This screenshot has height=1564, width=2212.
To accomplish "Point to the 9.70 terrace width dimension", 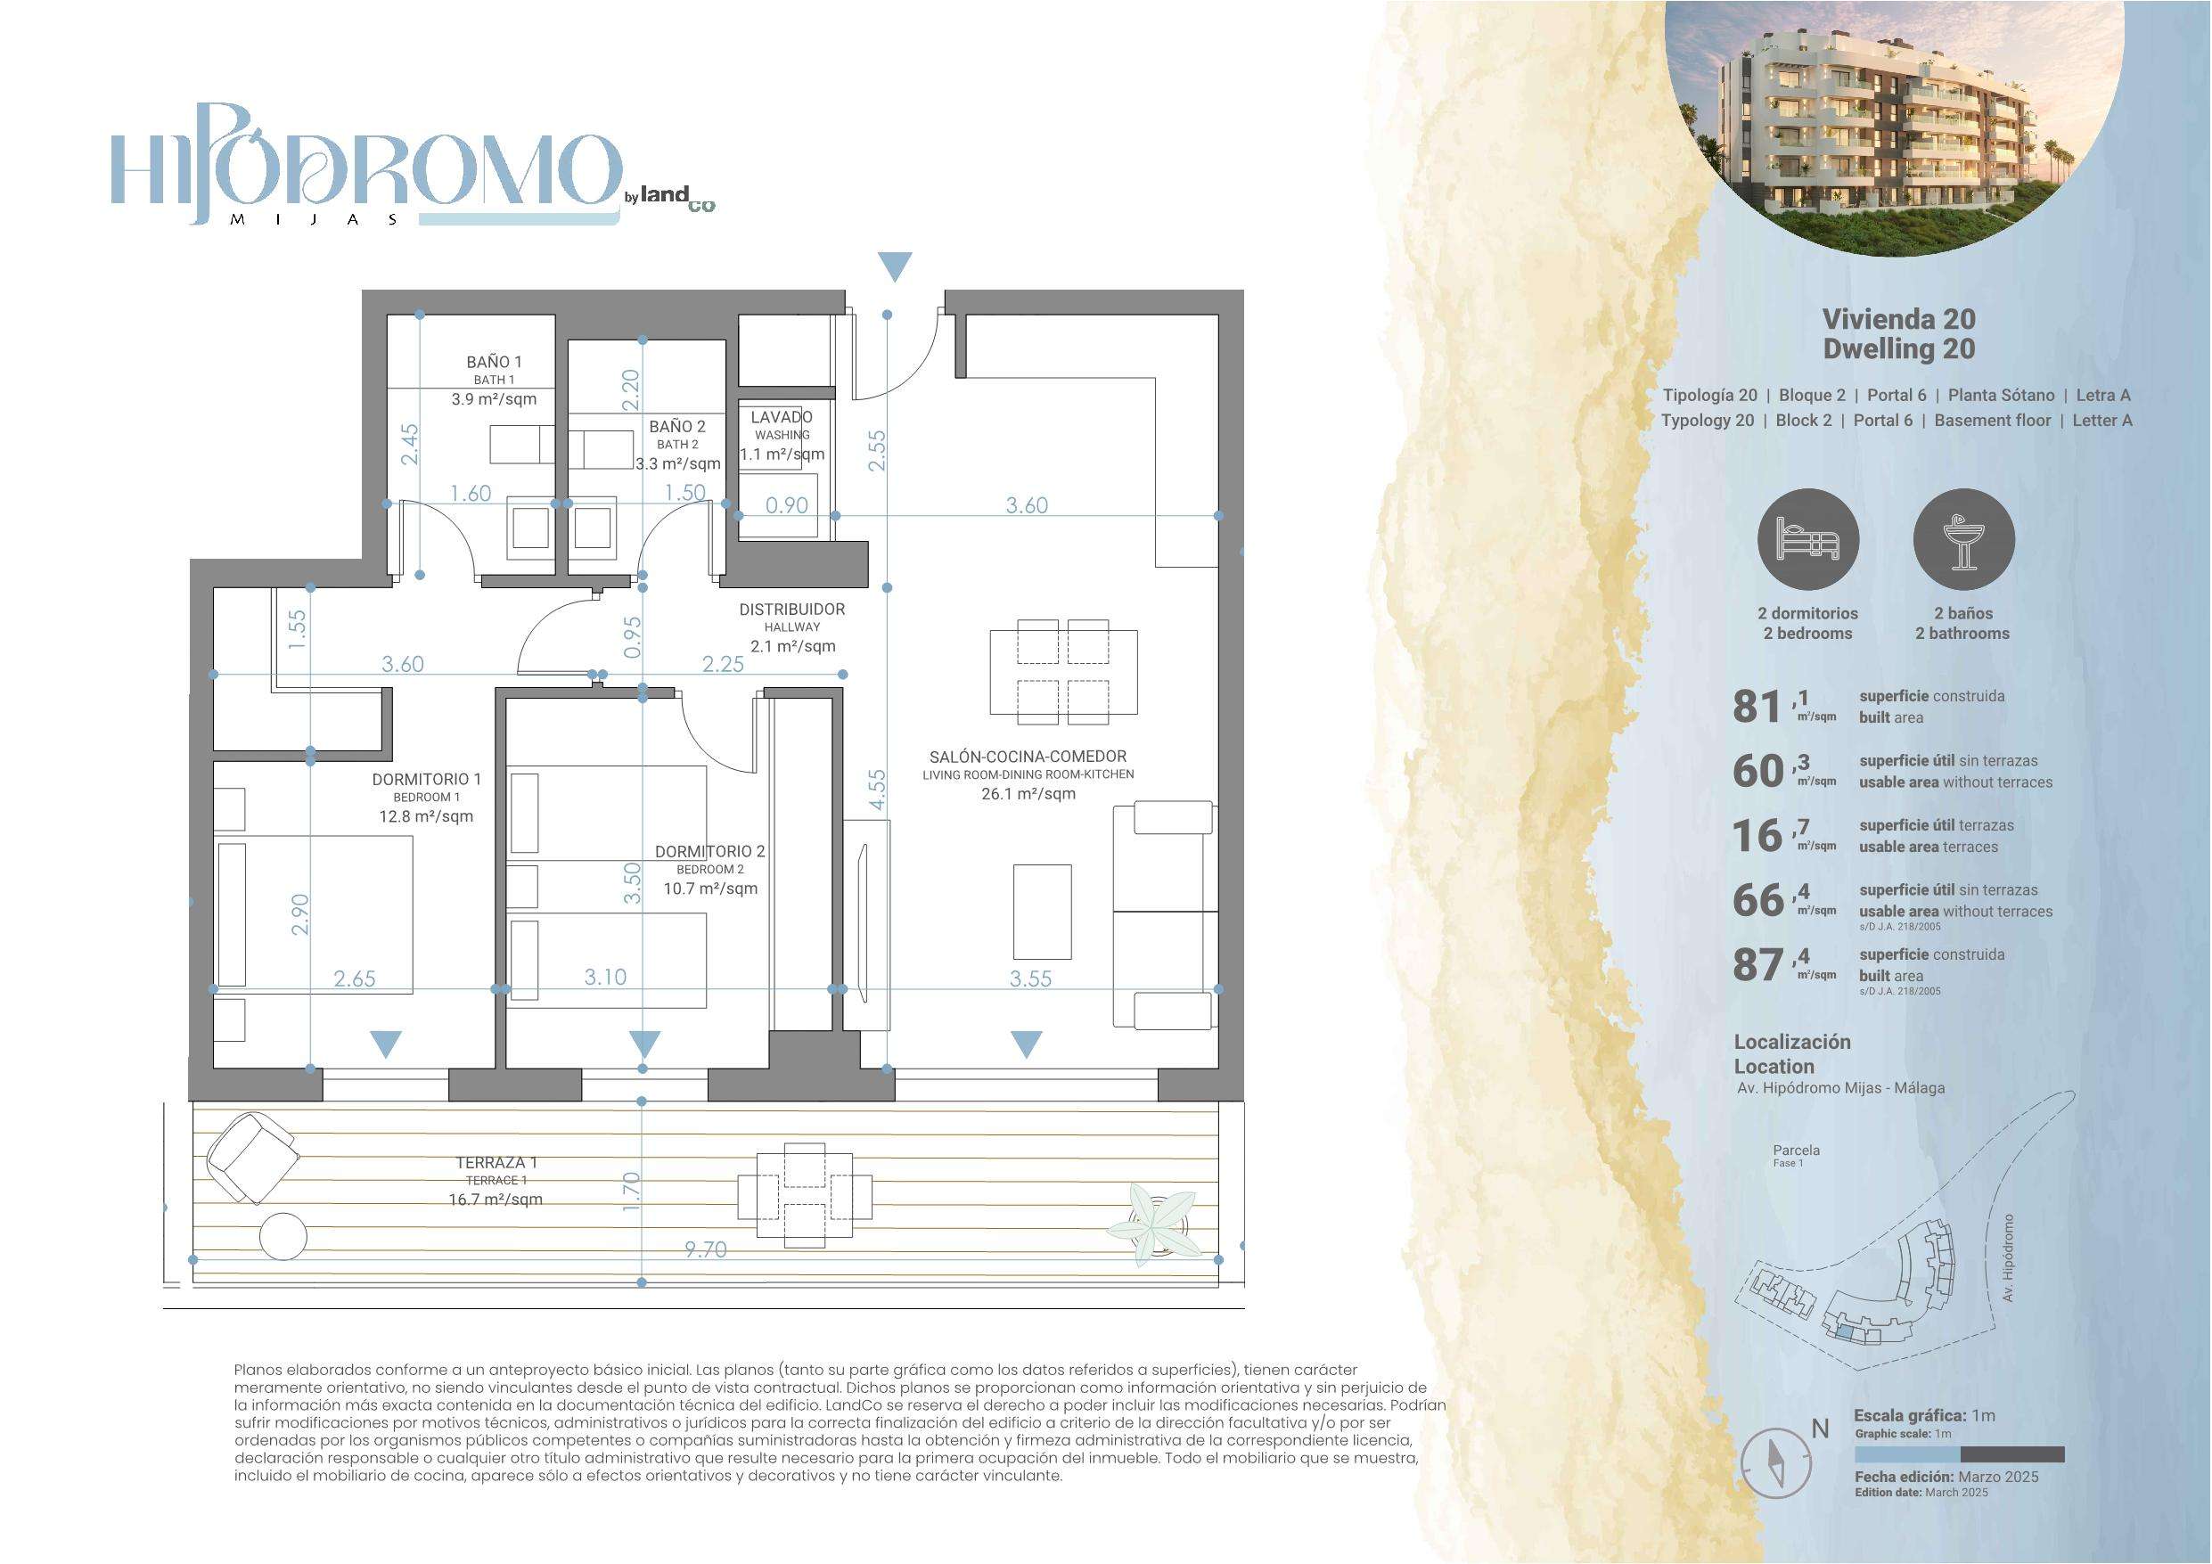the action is click(705, 1249).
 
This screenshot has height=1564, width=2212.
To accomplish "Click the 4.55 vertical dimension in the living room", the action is click(877, 790).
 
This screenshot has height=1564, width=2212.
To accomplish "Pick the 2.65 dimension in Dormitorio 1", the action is click(355, 979).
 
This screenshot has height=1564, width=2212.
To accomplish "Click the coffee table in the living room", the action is click(1043, 912).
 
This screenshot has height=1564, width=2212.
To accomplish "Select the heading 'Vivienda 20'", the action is click(1899, 319).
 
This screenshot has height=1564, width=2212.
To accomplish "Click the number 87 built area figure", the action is click(1757, 964).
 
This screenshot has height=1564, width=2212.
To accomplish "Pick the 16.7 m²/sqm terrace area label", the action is click(496, 1200).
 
